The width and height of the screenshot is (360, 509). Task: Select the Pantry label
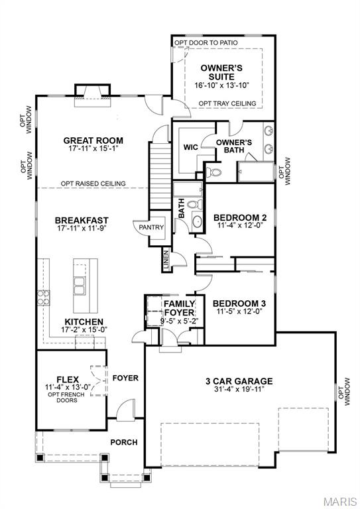[x=151, y=227]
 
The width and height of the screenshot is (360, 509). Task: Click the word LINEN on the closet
[x=166, y=260]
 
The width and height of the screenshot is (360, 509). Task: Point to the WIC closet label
[x=190, y=147]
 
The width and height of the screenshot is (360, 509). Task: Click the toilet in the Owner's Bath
[x=213, y=172]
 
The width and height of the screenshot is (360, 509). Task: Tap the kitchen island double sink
[x=80, y=286]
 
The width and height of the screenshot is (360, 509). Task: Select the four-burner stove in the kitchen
[x=43, y=298]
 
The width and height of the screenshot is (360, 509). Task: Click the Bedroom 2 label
[x=240, y=217]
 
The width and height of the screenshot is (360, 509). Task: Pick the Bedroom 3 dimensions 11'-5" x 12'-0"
[x=239, y=311]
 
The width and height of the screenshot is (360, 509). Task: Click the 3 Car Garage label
[x=239, y=381]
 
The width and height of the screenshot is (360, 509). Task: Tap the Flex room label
[x=68, y=380]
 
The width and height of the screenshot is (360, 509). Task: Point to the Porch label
[x=124, y=442]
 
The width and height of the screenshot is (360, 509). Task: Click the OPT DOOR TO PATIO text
[x=206, y=42]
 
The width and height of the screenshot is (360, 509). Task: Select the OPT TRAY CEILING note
[x=227, y=103]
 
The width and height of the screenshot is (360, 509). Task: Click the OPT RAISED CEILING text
[x=93, y=184]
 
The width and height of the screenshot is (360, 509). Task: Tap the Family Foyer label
[x=180, y=308]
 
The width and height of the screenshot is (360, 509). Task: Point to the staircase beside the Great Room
[x=160, y=176]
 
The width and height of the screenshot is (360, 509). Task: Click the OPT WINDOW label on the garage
[x=344, y=392]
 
